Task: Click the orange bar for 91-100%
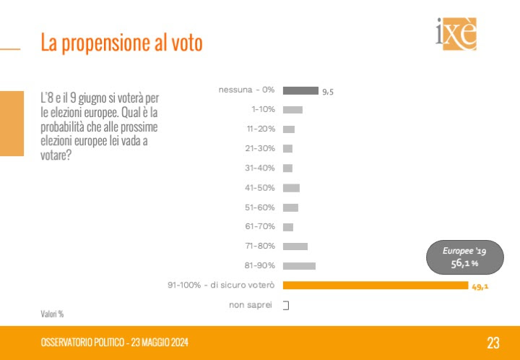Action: click(375, 286)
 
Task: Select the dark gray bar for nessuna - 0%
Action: click(300, 90)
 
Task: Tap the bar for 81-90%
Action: click(299, 266)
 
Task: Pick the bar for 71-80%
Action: click(295, 247)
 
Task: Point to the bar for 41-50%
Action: click(291, 188)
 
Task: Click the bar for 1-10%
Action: click(292, 110)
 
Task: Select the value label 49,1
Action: click(481, 286)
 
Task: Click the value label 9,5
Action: click(328, 91)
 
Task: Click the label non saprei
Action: click(251, 305)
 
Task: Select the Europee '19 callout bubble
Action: click(463, 257)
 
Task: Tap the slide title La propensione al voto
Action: click(121, 43)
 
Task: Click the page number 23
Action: click(493, 342)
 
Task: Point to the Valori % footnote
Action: click(52, 314)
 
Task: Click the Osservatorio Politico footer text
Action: click(115, 342)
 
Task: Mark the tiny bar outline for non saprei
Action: click(286, 305)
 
